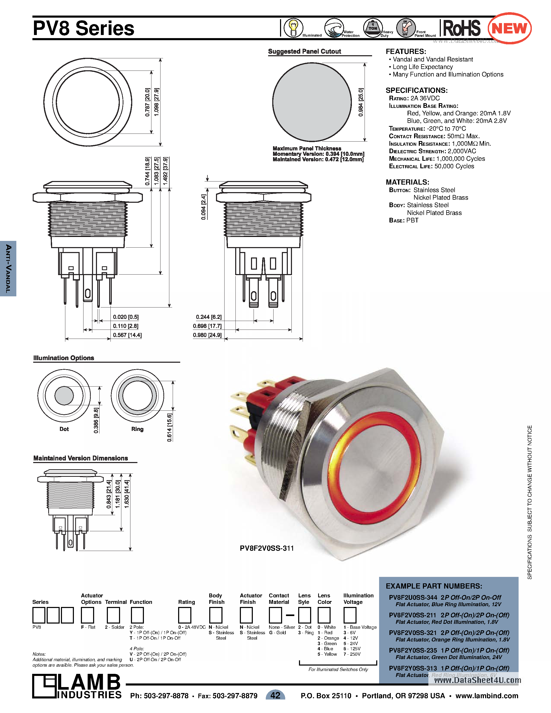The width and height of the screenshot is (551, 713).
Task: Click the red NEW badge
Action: click(x=509, y=29)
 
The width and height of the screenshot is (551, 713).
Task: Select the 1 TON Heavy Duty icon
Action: click(x=373, y=28)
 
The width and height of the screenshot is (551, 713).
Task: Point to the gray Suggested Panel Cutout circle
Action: click(x=312, y=102)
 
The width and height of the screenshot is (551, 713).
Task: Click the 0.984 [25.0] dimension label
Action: click(x=361, y=102)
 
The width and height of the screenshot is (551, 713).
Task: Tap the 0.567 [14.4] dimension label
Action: click(x=127, y=335)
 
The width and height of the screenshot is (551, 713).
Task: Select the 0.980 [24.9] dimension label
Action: click(x=207, y=335)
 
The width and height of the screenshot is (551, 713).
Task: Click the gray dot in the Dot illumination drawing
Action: click(x=64, y=395)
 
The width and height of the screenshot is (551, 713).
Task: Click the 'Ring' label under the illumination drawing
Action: click(x=137, y=429)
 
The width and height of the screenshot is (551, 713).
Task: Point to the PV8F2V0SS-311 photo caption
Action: click(x=267, y=548)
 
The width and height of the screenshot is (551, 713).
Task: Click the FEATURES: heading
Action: click(x=406, y=52)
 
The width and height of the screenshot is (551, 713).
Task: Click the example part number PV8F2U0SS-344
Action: click(x=413, y=597)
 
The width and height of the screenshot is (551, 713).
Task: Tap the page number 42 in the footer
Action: click(x=275, y=695)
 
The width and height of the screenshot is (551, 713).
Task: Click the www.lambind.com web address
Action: click(x=487, y=696)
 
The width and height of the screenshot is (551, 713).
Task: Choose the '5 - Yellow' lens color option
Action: click(x=327, y=654)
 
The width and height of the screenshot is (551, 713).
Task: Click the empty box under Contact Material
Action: click(x=275, y=616)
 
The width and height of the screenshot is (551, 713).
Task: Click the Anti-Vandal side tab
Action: click(x=8, y=268)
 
